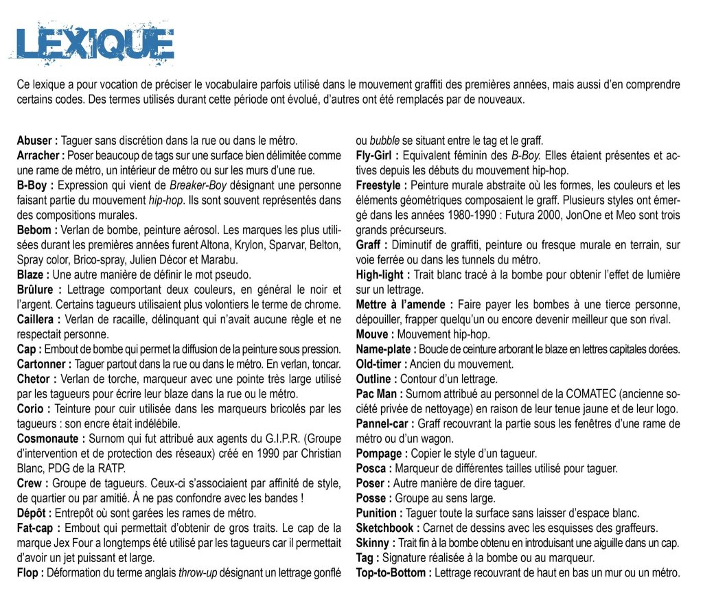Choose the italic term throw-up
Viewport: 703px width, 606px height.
pos(197,573)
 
